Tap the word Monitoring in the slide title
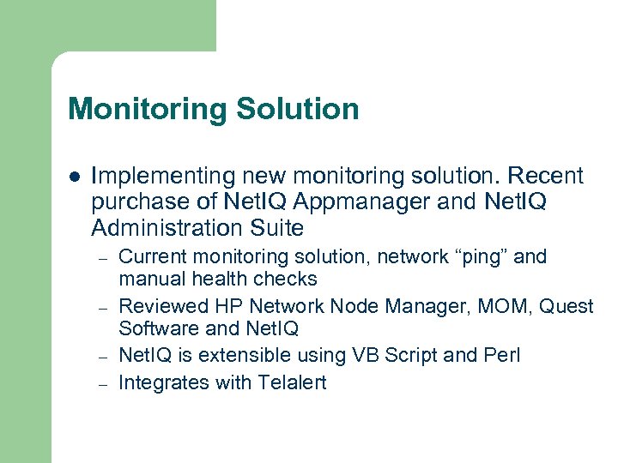point(145,110)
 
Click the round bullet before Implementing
point(74,177)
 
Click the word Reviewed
point(163,306)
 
